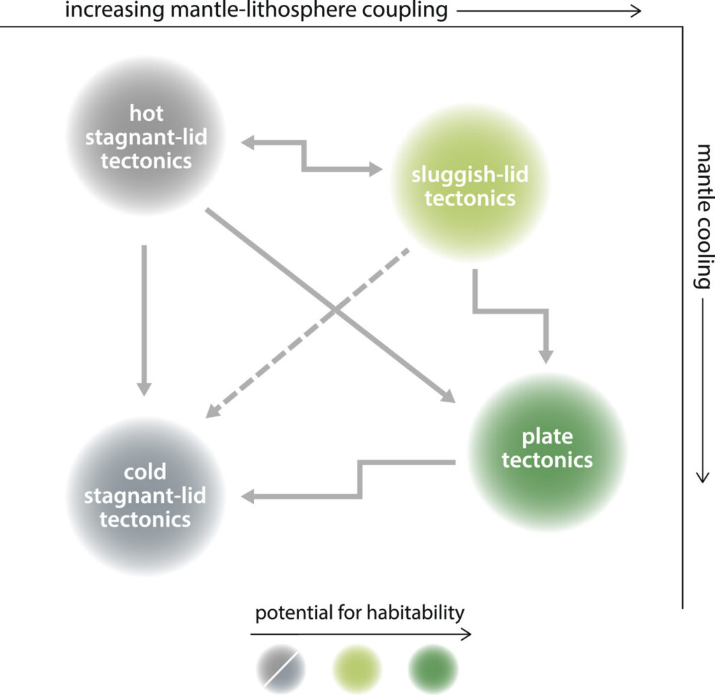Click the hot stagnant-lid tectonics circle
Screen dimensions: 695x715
click(x=146, y=137)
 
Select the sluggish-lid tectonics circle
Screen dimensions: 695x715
click(x=470, y=183)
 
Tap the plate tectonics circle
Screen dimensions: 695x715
click(x=547, y=451)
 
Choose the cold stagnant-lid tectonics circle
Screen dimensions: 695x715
click(x=146, y=495)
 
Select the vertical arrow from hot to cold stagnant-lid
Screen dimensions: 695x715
click(x=144, y=318)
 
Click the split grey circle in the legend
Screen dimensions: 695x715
click(x=279, y=668)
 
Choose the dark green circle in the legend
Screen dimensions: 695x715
click(x=433, y=668)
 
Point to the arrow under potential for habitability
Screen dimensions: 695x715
click(x=360, y=634)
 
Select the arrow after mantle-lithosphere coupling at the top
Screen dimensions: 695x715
click(x=548, y=11)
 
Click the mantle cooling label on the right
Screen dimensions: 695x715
click(x=702, y=217)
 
